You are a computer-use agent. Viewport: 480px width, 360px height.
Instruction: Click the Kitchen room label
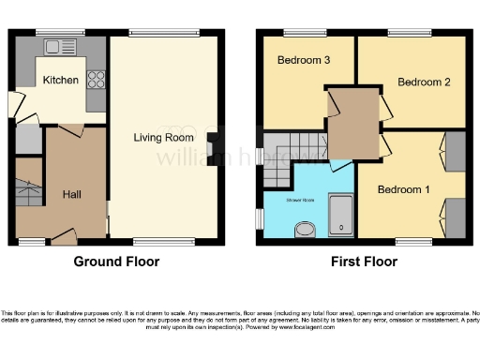[61, 81]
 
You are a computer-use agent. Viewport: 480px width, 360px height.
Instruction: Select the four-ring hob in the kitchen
[96, 80]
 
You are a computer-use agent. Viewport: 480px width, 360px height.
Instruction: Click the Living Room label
[163, 138]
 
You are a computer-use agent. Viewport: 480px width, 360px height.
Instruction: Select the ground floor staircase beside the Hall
[29, 187]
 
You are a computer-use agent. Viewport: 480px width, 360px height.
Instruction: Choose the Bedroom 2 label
[424, 82]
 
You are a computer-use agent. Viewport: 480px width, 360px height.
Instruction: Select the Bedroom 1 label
[403, 189]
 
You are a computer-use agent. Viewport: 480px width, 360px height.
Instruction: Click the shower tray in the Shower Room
[341, 216]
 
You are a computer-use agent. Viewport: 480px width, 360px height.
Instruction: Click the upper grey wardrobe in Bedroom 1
[455, 149]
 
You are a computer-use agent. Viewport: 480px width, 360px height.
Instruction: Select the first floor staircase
[277, 159]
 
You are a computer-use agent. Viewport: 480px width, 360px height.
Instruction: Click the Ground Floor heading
[116, 262]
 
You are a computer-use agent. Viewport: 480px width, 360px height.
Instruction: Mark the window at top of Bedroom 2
[403, 34]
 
